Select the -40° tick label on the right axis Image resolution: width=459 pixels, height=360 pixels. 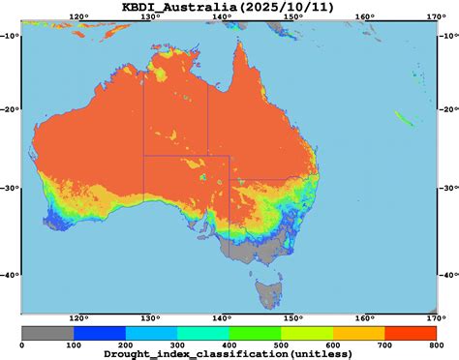447,276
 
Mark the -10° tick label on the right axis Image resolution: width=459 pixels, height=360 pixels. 447,36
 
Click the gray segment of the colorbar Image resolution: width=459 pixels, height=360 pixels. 47,332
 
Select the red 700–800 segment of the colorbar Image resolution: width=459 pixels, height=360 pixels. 409,332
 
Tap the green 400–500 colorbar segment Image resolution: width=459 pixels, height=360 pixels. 254,332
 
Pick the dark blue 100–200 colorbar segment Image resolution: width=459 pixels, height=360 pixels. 99,332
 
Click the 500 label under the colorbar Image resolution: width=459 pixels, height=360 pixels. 280,344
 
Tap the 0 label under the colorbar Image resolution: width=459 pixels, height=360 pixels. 22,344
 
